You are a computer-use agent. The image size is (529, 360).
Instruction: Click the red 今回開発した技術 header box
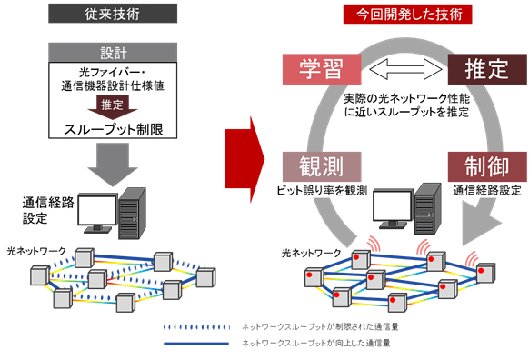(x=395, y=15)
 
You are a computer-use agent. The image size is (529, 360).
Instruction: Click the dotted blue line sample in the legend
(x=192, y=325)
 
